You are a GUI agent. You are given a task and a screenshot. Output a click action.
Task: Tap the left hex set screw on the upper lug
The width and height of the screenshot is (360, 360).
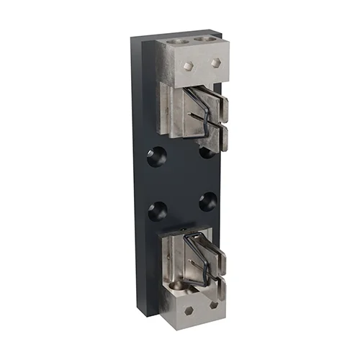tap(189, 66)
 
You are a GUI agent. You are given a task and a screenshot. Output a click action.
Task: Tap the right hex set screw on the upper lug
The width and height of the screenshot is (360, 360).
tap(214, 63)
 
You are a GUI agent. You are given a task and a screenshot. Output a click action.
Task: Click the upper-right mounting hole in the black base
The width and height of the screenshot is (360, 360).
tap(207, 151)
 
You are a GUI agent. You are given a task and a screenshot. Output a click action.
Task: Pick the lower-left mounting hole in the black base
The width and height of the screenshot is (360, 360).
tap(157, 210)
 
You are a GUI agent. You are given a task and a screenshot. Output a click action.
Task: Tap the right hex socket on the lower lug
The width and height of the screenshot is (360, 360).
tap(214, 305)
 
